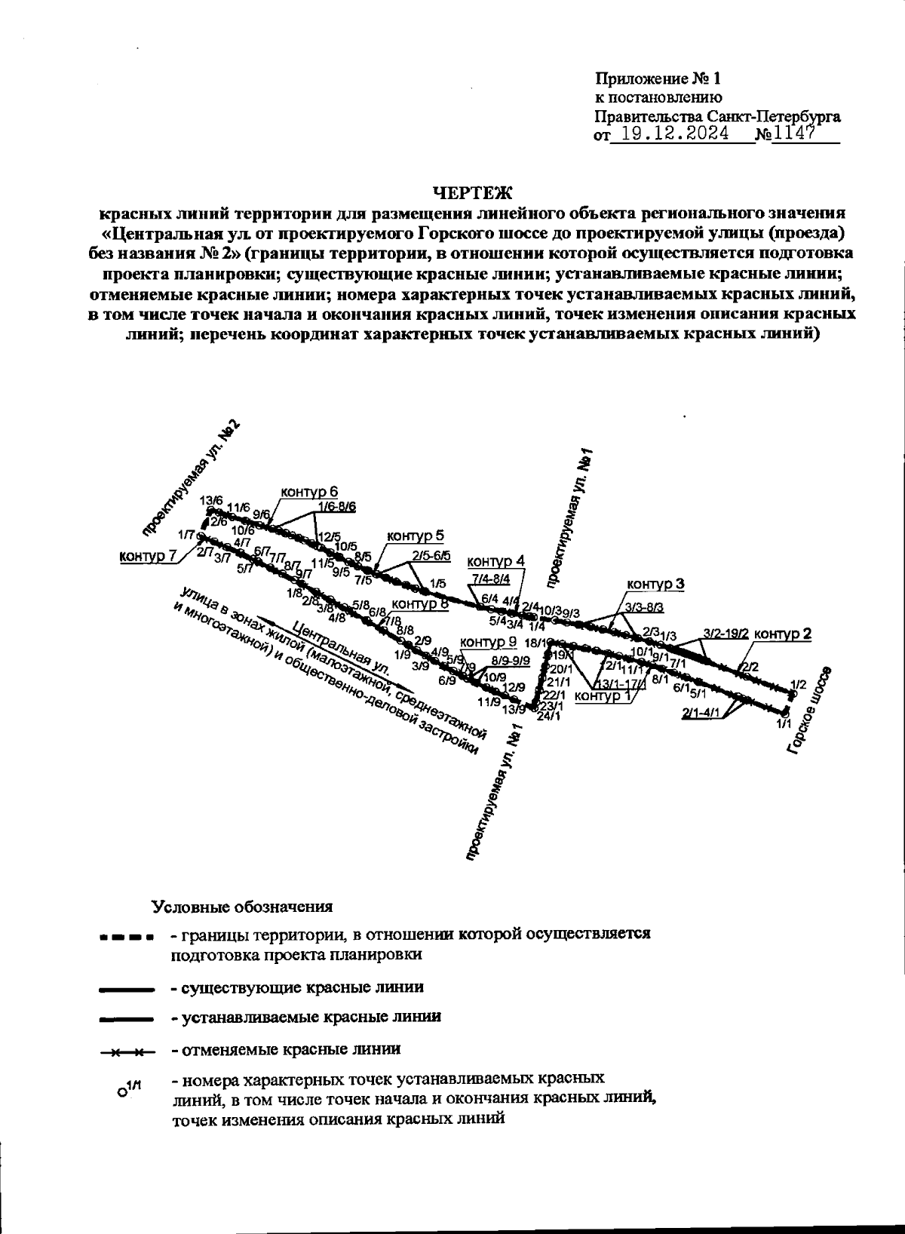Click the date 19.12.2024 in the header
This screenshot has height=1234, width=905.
point(670,134)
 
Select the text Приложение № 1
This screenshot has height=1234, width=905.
point(658,78)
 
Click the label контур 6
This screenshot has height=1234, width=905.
point(309,493)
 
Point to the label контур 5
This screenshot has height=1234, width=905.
point(416,536)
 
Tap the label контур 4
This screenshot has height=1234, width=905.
point(495,562)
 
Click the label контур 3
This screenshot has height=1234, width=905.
point(655,585)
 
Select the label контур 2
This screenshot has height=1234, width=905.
point(783,634)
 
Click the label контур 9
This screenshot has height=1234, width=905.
point(488,642)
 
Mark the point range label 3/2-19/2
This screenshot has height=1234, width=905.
point(725,634)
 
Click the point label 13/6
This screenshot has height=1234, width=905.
point(211,500)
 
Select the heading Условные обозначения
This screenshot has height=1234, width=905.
point(242,906)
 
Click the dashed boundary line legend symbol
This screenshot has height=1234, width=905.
point(126,938)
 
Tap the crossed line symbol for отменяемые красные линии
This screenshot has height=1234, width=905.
point(126,1050)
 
